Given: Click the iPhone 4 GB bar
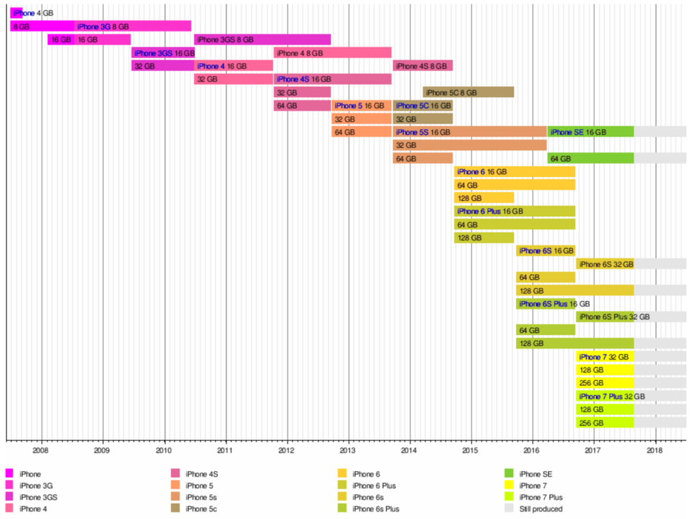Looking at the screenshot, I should [16, 13].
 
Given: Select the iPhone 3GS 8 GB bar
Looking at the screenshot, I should [262, 40].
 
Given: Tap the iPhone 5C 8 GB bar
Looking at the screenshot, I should [468, 92].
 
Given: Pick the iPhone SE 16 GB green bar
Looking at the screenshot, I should [590, 132].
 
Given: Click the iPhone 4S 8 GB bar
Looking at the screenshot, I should [422, 66].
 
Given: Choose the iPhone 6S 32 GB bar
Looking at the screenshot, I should [605, 264].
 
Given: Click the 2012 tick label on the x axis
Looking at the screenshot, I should [286, 451].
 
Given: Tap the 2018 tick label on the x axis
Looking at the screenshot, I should [655, 451].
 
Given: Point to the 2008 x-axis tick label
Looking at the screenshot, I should [40, 451].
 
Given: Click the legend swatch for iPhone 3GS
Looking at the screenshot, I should [10, 497].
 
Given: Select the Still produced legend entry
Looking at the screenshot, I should [541, 509].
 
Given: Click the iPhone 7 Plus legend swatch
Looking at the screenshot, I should [509, 497].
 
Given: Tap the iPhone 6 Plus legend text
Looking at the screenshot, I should [376, 485].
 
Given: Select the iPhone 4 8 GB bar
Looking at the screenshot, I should [332, 53].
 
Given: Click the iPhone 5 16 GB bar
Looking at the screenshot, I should [362, 106].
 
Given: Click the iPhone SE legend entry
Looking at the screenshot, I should [535, 474].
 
